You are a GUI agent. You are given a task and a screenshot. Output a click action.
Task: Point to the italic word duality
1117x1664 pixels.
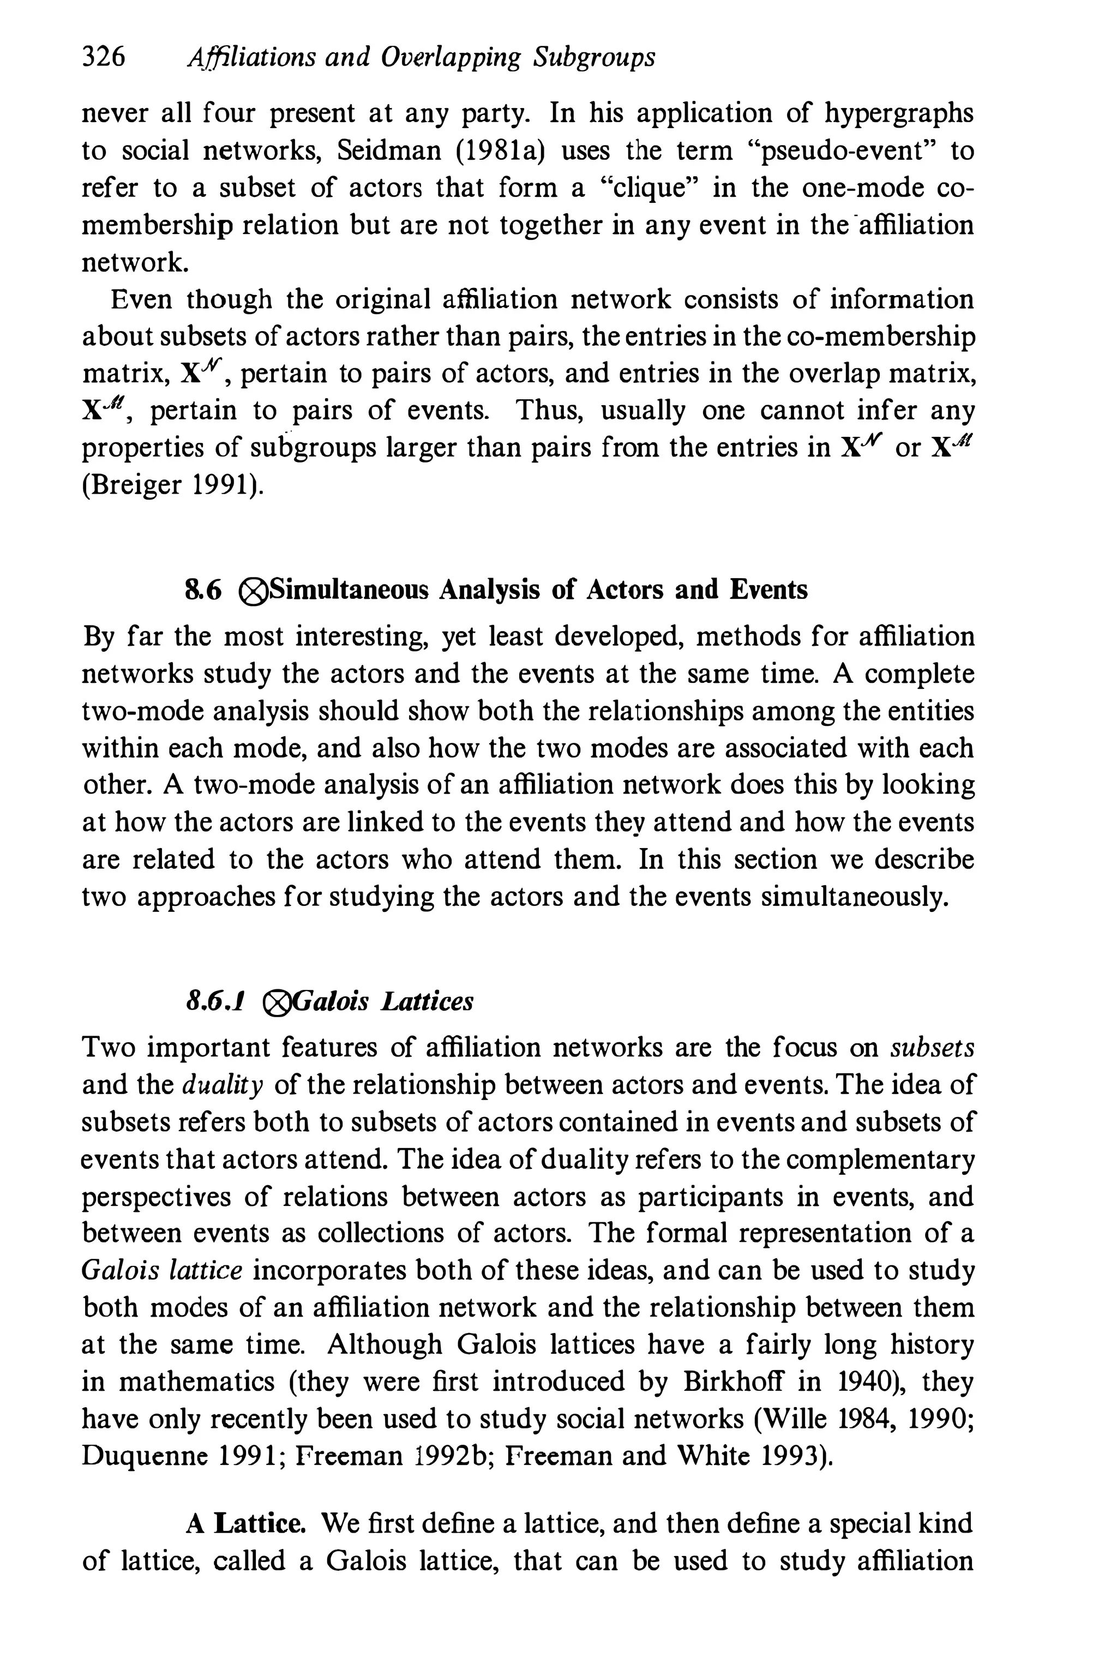point(224,1085)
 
